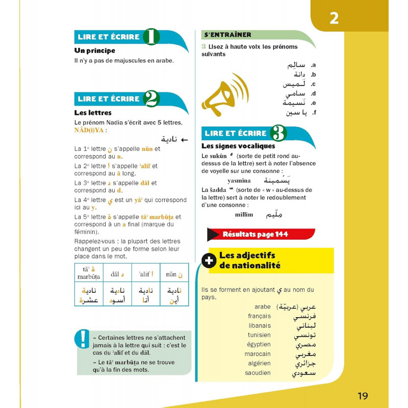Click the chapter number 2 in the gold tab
tap(334, 18)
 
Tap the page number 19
tap(363, 396)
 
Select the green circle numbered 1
tap(151, 37)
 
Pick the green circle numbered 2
tap(151, 99)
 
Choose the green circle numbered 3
tap(278, 133)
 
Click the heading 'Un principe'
tap(95, 50)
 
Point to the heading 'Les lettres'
tap(93, 113)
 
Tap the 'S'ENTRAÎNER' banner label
tap(227, 35)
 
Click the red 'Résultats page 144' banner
tap(255, 235)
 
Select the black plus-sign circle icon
tap(209, 261)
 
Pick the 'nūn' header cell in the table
tap(174, 274)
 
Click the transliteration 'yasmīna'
tap(239, 181)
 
